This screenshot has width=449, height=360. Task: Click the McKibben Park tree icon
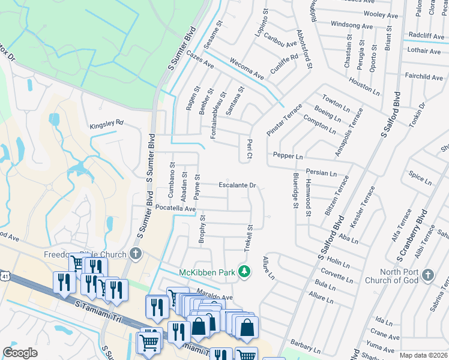(x=244, y=272)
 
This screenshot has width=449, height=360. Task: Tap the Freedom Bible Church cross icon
(x=136, y=254)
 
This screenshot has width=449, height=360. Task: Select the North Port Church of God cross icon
(x=428, y=275)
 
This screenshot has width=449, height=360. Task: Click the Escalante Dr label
(x=237, y=185)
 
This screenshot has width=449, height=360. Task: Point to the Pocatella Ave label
(x=176, y=208)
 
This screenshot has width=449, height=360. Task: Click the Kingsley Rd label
(x=106, y=125)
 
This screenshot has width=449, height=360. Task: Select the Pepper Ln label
(x=288, y=156)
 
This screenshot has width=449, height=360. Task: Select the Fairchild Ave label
(x=424, y=77)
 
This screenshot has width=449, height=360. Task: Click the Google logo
(x=20, y=353)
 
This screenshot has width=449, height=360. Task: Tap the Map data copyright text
(x=424, y=355)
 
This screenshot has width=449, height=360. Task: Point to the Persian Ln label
(x=321, y=172)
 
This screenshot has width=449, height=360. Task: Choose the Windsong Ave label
(x=352, y=25)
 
